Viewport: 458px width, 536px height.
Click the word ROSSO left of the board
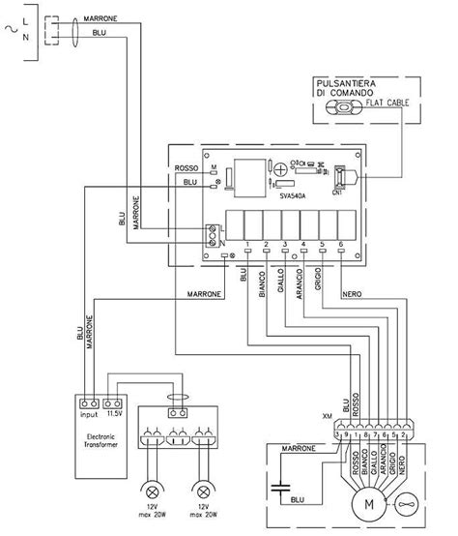186,169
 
